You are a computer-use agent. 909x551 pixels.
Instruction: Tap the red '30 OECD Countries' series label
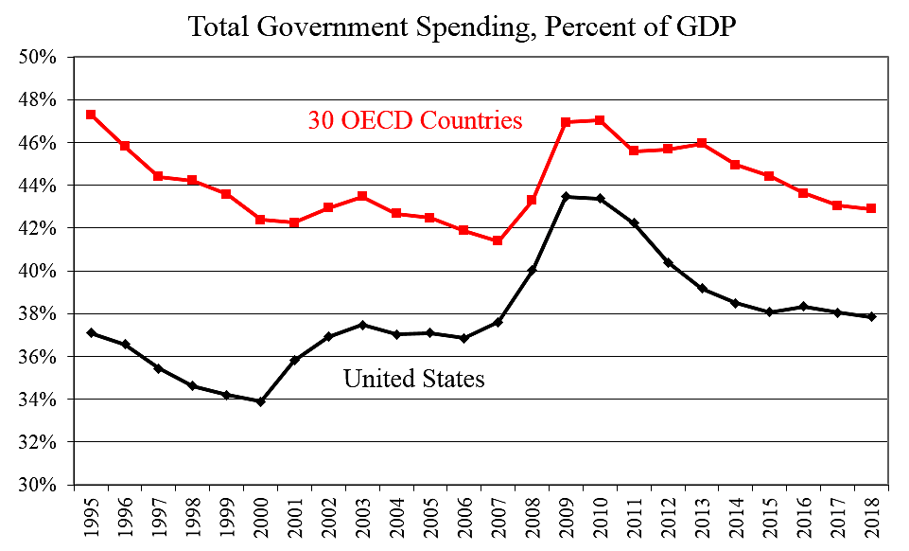point(415,120)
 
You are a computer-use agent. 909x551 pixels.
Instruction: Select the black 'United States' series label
point(413,380)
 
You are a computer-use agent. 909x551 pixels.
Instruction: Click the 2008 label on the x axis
point(533,518)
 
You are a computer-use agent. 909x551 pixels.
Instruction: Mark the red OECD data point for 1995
point(91,115)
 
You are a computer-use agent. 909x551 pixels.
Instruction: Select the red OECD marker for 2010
point(600,120)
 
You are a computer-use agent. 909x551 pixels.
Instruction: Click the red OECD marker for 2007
point(498,240)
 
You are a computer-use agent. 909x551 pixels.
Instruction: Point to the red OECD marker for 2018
point(871,208)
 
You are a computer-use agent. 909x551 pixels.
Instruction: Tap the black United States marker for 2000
point(260,401)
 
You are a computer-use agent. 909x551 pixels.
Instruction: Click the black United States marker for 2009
point(566,197)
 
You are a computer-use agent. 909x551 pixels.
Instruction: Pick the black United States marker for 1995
point(91,333)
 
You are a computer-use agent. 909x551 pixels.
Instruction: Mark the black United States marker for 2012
point(668,262)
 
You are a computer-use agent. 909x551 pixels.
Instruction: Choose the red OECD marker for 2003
point(362,196)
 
